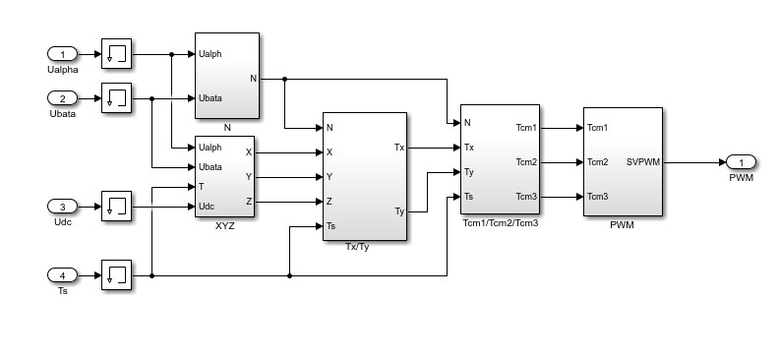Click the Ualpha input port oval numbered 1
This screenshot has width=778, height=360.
(x=63, y=53)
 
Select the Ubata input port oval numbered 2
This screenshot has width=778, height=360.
(x=63, y=98)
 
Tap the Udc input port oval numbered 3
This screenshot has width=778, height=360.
(x=63, y=207)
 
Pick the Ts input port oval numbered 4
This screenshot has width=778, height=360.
(x=63, y=275)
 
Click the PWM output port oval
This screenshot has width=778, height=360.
(x=741, y=162)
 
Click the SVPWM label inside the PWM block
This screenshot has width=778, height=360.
(x=643, y=162)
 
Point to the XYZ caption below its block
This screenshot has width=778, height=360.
(x=225, y=226)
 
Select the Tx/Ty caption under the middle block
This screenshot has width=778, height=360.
(x=357, y=247)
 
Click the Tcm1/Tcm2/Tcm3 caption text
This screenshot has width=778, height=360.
(x=500, y=223)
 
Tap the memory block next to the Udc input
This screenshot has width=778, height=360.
(x=117, y=207)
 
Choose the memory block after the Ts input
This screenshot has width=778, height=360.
(x=117, y=275)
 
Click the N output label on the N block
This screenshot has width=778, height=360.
(x=253, y=79)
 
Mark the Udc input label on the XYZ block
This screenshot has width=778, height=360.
(x=207, y=207)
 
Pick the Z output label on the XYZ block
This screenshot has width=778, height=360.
(x=249, y=202)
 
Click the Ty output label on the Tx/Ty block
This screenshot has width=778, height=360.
(x=399, y=212)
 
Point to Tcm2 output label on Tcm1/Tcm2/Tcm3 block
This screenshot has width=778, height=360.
(x=526, y=162)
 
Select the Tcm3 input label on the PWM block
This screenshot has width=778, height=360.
(x=597, y=197)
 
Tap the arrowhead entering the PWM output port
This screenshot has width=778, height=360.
(x=722, y=162)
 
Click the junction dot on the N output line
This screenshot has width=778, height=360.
(x=285, y=79)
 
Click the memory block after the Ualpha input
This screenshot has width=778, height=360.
(x=117, y=53)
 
